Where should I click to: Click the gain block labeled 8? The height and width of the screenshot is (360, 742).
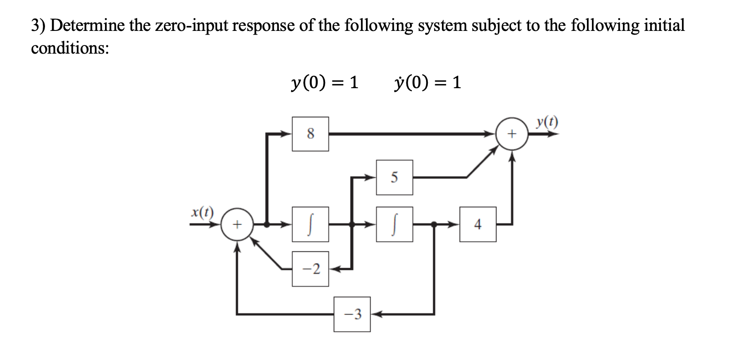(310, 134)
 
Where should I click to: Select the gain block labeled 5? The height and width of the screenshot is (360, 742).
(394, 177)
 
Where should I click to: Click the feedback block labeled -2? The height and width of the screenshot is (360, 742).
(310, 269)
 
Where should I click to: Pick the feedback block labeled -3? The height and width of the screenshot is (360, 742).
(352, 314)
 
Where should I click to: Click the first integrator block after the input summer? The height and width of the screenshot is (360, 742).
(310, 224)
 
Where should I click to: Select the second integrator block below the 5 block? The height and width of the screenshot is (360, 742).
(394, 224)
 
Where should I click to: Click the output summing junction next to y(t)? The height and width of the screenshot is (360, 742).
(512, 134)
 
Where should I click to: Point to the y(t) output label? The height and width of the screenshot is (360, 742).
(547, 122)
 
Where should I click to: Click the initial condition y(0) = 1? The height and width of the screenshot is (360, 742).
(324, 82)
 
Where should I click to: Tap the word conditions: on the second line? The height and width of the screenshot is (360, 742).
(70, 48)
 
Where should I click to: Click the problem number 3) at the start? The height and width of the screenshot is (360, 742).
(38, 25)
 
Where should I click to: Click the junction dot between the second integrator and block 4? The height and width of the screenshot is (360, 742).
(434, 224)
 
